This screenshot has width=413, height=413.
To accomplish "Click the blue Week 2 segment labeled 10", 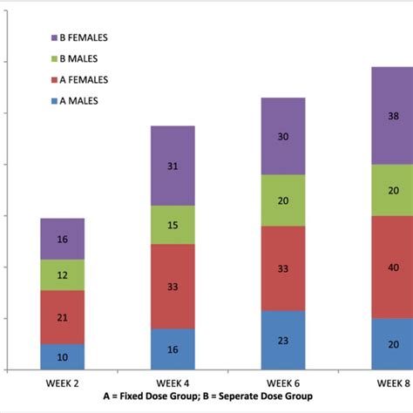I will (x=62, y=357).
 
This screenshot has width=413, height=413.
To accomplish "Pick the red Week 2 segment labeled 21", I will (x=62, y=317).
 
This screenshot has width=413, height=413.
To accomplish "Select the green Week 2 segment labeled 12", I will (x=62, y=275).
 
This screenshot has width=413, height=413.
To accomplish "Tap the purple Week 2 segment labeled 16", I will (x=62, y=239).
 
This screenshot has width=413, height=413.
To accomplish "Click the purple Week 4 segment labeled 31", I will (x=173, y=166).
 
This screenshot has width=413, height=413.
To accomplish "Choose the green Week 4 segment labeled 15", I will (x=173, y=225).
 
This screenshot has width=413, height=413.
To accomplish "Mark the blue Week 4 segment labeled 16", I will (x=173, y=349).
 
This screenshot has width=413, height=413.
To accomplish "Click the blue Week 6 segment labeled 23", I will (x=283, y=341).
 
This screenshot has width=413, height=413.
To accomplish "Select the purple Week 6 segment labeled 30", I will (x=283, y=136).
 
